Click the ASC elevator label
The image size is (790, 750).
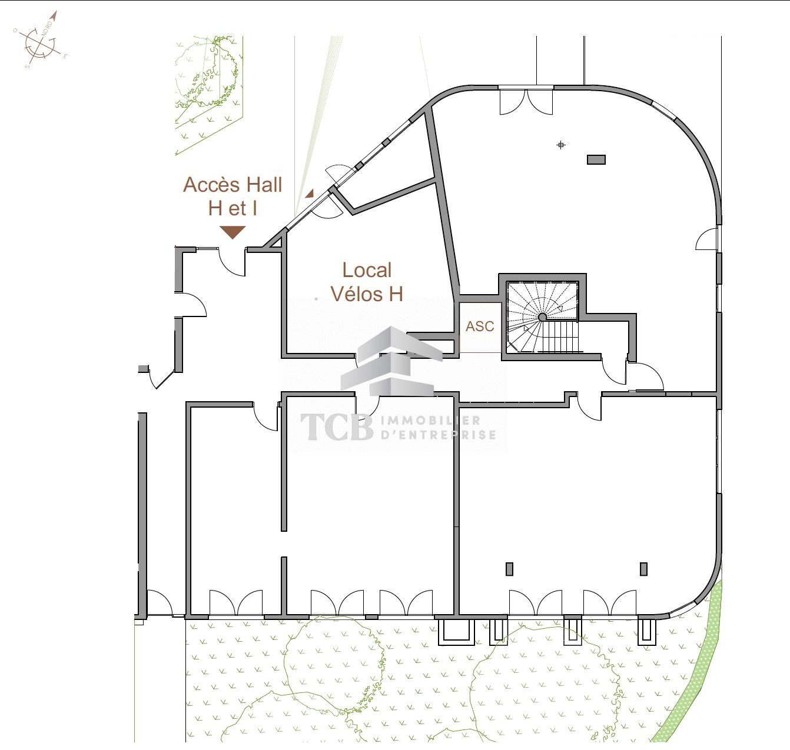coord(480,326)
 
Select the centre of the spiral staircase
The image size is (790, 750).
coord(542,317)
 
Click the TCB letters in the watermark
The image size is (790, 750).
coord(337,427)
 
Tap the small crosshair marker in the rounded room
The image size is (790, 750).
coord(561,145)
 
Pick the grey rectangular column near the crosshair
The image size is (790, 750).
coord(596,160)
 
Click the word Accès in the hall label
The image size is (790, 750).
coord(211,185)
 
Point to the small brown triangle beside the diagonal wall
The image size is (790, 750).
coord(310,194)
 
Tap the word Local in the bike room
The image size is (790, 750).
coord(367,270)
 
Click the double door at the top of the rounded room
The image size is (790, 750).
coord(526,101)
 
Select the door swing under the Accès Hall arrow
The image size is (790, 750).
coord(233,262)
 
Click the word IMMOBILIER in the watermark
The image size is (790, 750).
coord(430,421)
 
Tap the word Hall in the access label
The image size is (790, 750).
coord(264,185)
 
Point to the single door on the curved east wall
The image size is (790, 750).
coord(707,239)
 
